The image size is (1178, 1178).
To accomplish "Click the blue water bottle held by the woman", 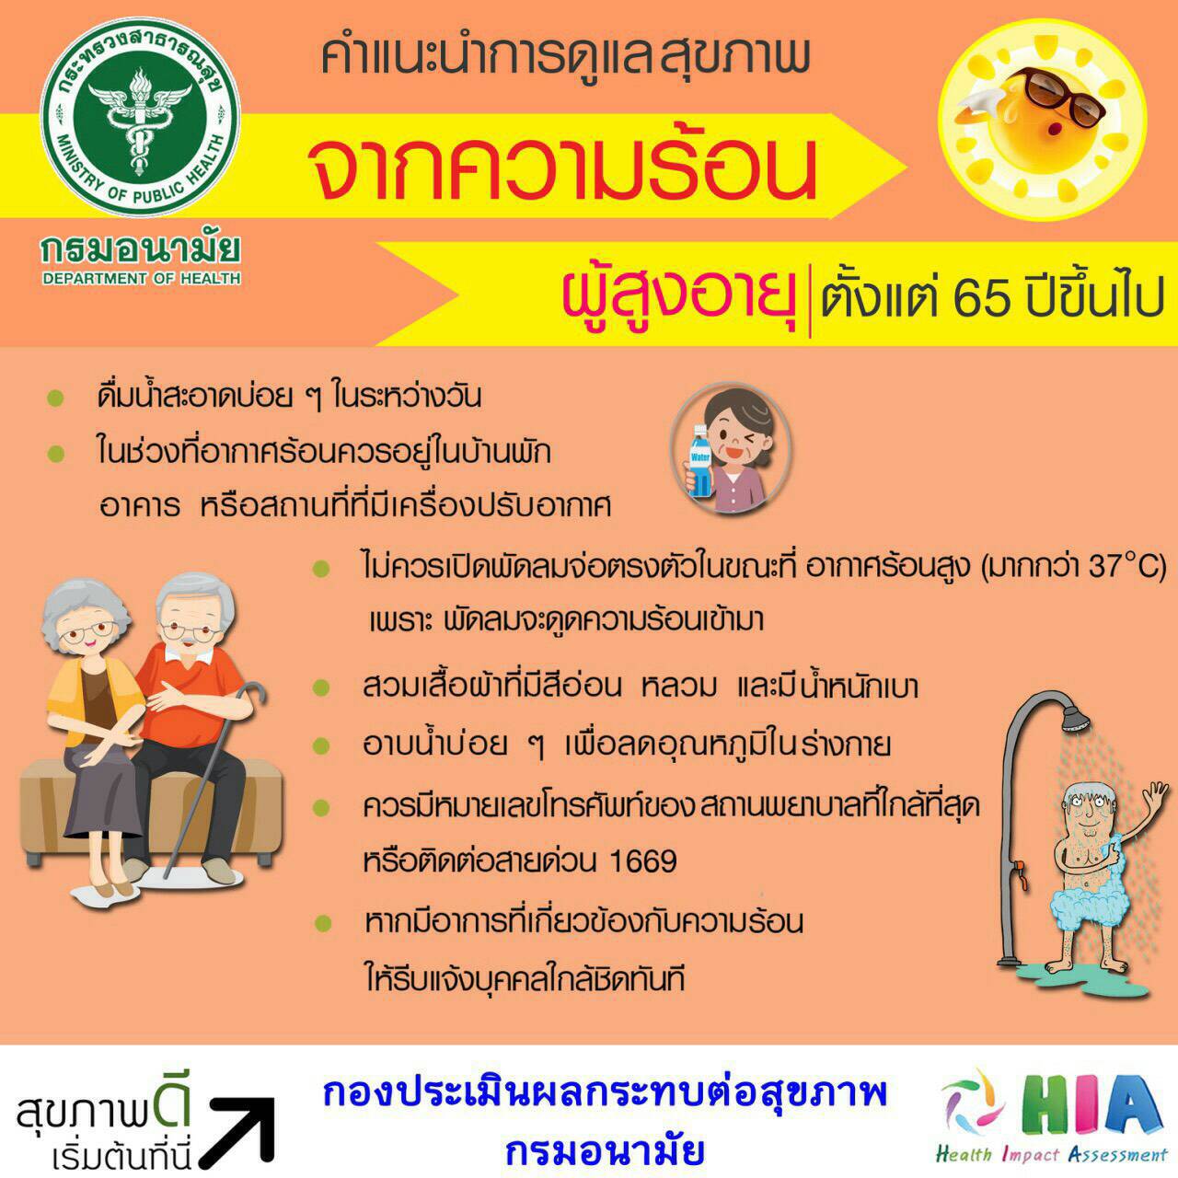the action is coord(699,459).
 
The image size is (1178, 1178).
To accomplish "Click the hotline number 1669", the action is coord(643,861).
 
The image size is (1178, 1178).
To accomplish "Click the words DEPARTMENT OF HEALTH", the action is coord(141,279).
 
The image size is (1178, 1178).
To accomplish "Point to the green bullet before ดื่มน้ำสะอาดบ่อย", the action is coord(55,398).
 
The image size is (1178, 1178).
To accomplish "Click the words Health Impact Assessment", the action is coord(1052,1155).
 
